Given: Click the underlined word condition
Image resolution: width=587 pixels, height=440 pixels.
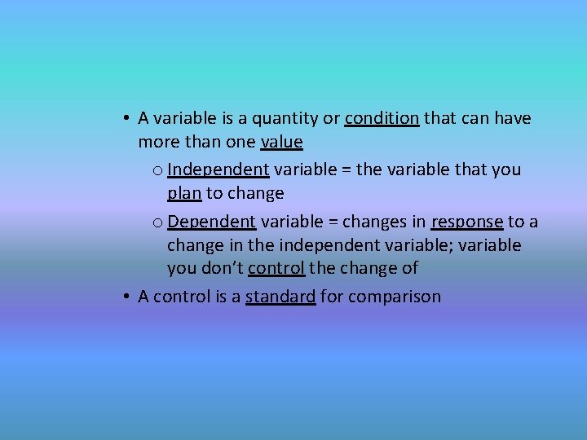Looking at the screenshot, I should (382, 119).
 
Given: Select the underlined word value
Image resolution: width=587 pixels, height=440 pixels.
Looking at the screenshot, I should (281, 143).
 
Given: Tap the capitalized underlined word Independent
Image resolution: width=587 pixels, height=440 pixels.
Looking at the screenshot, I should (218, 170).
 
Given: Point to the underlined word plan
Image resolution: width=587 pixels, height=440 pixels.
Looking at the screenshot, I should (184, 194).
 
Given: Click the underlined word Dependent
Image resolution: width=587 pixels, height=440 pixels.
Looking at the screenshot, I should (212, 222).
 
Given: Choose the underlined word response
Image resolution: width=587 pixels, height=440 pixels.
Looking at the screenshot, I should (466, 222).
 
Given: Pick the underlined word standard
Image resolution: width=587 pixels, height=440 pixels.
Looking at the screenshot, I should (280, 297).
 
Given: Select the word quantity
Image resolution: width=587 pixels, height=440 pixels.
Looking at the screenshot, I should (286, 119).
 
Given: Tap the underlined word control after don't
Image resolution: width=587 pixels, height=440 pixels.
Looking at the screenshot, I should (276, 269).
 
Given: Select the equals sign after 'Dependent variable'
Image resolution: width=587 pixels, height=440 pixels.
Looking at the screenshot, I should (331, 222).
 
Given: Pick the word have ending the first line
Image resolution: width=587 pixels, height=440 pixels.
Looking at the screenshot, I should (511, 119).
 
